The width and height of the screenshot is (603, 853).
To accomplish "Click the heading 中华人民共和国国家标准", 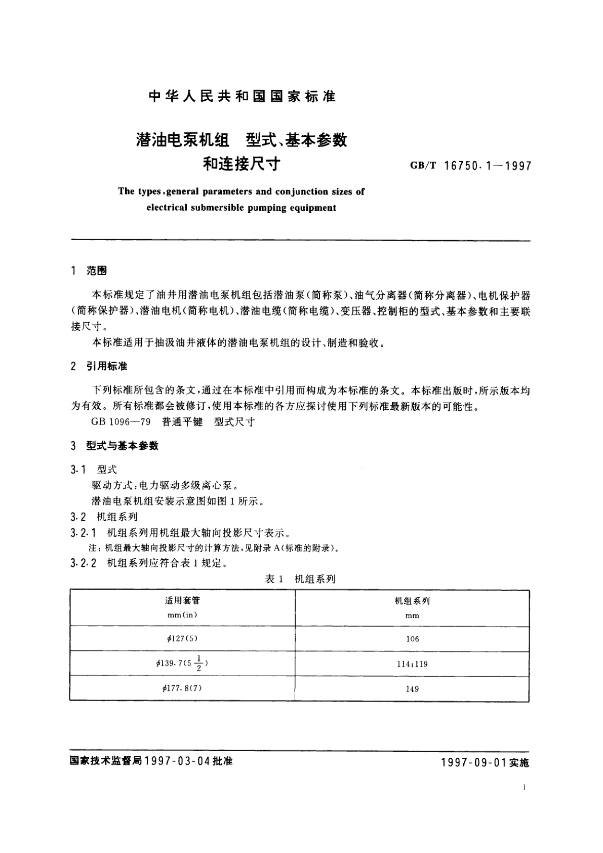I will (242, 96).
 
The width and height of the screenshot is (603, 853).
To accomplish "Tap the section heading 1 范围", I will (90, 272).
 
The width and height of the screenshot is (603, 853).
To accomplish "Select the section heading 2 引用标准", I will (100, 366).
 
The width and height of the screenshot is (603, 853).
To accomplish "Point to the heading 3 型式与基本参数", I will (115, 446).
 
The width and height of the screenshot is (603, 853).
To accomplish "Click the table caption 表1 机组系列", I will (300, 579).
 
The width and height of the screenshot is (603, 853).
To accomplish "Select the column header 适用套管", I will (182, 601).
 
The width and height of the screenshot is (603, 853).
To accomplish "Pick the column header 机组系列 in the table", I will (412, 601).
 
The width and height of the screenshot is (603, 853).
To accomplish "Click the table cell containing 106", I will (413, 639).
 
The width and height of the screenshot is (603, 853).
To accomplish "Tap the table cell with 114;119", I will (413, 664).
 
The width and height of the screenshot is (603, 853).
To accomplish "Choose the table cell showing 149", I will (413, 689).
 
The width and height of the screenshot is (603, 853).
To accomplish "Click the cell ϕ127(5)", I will (182, 638).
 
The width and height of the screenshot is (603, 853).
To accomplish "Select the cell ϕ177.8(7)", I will (182, 688).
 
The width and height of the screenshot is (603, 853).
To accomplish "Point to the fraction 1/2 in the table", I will (199, 664).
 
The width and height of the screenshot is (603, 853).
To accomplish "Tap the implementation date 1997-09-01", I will (473, 763).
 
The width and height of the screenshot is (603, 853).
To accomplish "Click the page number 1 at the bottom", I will (524, 787).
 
